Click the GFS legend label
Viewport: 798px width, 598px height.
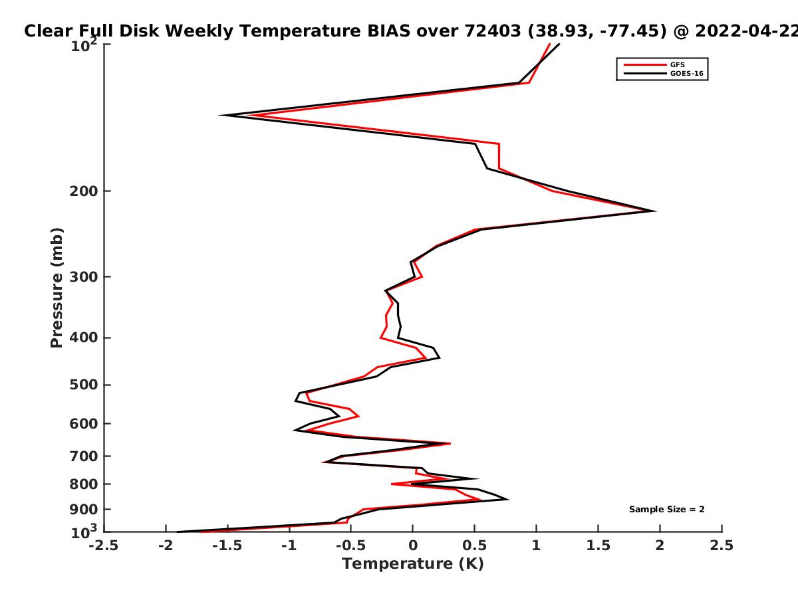point(677,64)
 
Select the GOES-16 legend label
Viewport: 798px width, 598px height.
point(687,73)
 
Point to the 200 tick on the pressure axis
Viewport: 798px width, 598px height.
point(84,191)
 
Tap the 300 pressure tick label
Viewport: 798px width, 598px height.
point(84,276)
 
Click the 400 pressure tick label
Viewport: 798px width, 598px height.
point(84,338)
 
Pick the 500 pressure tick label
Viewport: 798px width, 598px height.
point(84,385)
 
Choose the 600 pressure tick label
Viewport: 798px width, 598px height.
point(84,423)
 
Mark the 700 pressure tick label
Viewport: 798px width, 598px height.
point(84,456)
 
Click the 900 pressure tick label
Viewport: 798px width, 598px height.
point(84,510)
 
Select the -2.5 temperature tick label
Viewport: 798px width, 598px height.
point(104,546)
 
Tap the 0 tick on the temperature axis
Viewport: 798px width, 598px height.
point(413,546)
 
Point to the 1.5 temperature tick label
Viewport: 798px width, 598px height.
point(598,546)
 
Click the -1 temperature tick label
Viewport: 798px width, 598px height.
point(289,546)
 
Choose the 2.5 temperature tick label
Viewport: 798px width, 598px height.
point(722,546)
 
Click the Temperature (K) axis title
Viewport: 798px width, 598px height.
point(413,564)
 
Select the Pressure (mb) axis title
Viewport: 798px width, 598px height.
point(57,288)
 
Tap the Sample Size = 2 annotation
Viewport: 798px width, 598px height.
point(667,510)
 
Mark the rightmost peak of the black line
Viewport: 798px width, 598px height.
point(655,211)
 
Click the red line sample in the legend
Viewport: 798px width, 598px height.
point(645,64)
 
